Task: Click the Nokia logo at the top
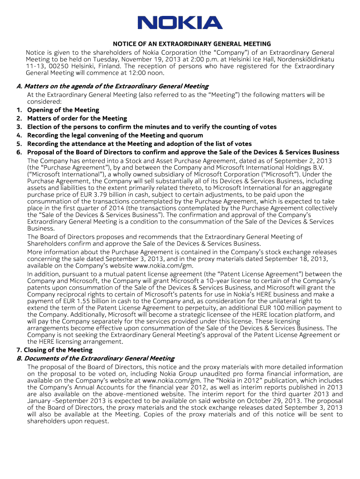(x=180, y=23)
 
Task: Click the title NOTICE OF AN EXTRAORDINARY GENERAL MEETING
(x=180, y=44)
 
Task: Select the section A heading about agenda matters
(x=112, y=86)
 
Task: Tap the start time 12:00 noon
(x=149, y=73)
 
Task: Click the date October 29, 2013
(x=298, y=401)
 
